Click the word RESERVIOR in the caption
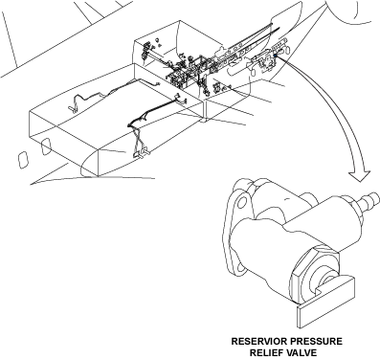[x=258, y=341]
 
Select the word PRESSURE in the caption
[x=315, y=341]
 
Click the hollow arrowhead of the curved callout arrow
[x=360, y=175]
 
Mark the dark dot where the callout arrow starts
[x=275, y=56]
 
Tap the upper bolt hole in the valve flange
[x=242, y=202]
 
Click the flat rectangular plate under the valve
[x=326, y=303]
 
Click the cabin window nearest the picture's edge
[x=22, y=161]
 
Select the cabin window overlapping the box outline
[x=46, y=146]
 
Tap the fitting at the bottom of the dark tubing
[x=142, y=153]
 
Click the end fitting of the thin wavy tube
[x=73, y=108]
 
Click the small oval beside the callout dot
[x=285, y=50]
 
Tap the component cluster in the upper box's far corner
[x=145, y=51]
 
